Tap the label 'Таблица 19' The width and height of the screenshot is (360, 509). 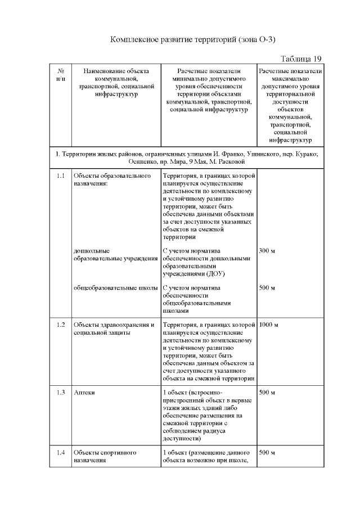click(x=300, y=59)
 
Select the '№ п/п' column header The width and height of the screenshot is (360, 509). click(x=61, y=75)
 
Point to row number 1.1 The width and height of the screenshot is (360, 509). click(x=61, y=176)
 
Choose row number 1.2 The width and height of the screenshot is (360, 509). click(x=61, y=325)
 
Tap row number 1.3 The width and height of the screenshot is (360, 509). click(x=61, y=392)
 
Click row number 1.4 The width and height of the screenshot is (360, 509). click(x=61, y=452)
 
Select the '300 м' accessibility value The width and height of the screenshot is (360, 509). click(x=267, y=250)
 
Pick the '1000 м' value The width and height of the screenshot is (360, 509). click(x=269, y=325)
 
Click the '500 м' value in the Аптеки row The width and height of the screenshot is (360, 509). click(x=267, y=392)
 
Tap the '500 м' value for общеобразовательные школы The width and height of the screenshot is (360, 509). click(x=267, y=288)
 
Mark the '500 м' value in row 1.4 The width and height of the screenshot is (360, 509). click(x=267, y=452)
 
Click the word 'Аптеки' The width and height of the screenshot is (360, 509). click(x=84, y=392)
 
